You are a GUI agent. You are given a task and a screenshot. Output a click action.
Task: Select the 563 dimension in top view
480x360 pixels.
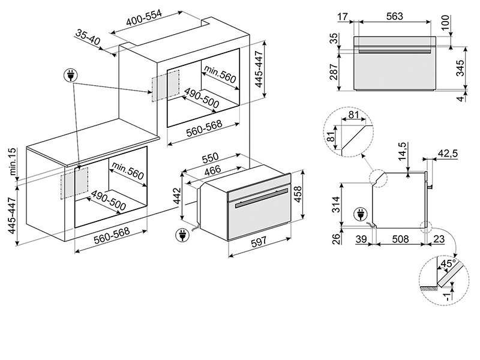tap(394, 16)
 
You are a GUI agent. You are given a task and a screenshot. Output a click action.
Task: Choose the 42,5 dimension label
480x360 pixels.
tap(448, 154)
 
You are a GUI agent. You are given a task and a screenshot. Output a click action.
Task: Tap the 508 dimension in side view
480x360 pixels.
tap(400, 239)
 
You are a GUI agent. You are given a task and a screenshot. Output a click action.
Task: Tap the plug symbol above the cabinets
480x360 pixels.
tap(71, 75)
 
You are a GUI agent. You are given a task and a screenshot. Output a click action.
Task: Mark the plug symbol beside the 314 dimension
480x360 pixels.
tap(362, 213)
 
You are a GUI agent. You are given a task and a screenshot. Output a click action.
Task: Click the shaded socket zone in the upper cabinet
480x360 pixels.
tap(166, 85)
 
